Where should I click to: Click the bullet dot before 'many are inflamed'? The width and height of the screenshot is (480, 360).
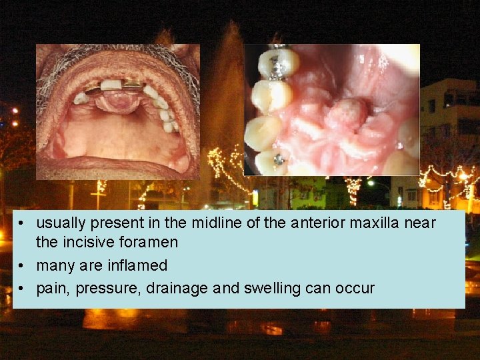(x=23, y=266)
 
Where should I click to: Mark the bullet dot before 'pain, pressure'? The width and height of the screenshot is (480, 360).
(x=23, y=289)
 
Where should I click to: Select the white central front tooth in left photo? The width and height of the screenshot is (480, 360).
(x=111, y=85)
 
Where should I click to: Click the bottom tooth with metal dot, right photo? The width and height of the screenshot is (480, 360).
(x=275, y=161)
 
